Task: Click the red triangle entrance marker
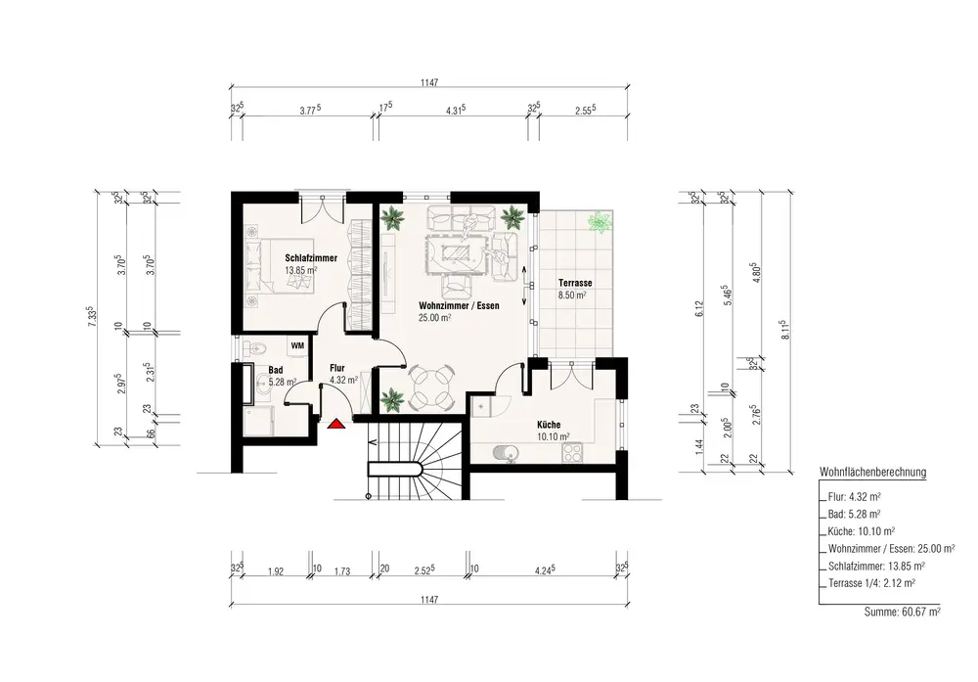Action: point(336,425)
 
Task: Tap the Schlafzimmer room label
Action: point(311,257)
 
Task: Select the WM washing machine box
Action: point(297,345)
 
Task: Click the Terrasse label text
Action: point(575,283)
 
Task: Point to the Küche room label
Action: point(549,425)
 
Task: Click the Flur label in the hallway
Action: point(336,368)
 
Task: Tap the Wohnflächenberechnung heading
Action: point(872,473)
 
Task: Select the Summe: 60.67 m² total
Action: point(902,613)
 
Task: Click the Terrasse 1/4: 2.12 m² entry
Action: point(871,583)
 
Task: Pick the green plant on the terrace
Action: point(600,221)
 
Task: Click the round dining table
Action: point(431,388)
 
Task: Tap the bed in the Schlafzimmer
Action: point(279,264)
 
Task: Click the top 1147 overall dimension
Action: point(429,82)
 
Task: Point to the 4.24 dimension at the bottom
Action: point(544,569)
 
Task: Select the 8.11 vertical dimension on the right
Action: point(786,329)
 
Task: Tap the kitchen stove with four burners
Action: point(572,452)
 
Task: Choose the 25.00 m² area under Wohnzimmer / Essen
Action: point(435,317)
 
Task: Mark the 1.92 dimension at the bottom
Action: point(275,570)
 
